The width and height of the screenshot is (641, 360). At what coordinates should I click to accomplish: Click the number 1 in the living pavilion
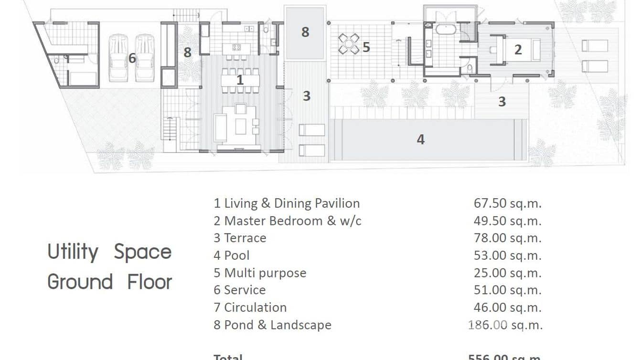point(240,80)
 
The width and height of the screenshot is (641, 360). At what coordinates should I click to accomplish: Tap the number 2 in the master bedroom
point(518,49)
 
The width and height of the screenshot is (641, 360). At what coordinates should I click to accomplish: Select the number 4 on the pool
point(420,139)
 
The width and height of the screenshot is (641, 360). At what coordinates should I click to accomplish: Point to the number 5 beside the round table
point(366,47)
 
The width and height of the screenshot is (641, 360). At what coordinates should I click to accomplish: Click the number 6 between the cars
point(132,58)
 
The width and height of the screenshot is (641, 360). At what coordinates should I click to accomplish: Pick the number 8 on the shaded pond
point(305,32)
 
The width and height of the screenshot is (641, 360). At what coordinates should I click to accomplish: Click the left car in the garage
point(118,58)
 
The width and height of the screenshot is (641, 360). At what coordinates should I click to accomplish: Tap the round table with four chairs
point(349,44)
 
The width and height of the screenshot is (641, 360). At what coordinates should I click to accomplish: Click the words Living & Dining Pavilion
point(291,203)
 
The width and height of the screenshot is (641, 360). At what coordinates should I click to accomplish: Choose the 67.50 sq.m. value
point(507,203)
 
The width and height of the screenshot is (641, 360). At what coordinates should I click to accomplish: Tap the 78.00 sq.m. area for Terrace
point(507,238)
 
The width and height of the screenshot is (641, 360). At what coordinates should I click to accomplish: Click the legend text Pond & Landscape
point(278,325)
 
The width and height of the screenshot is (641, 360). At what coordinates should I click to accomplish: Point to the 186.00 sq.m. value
point(505,325)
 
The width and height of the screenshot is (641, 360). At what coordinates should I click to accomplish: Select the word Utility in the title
point(73,252)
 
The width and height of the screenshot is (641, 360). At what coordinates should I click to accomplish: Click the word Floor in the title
point(149,282)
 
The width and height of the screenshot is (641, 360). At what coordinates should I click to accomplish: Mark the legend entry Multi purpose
point(265,273)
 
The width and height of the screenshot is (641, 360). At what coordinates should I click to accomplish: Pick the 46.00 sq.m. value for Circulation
point(507,307)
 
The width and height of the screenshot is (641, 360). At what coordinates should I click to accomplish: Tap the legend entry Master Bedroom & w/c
point(292,221)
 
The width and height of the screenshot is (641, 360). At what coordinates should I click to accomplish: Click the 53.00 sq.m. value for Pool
point(507,255)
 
